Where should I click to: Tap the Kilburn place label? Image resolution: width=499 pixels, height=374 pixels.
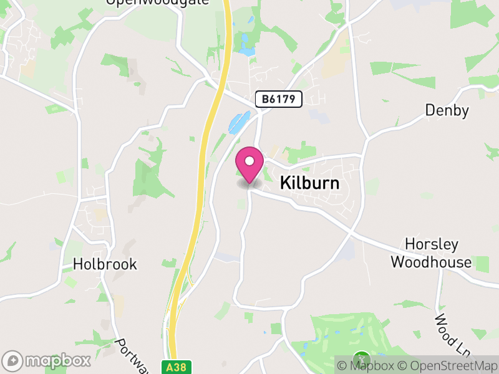tap(310, 183)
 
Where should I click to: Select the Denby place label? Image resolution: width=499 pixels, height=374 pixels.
tap(447, 110)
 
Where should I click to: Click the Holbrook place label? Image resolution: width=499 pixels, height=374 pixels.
tap(105, 264)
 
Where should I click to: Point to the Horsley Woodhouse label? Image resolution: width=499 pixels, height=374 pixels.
tap(431, 252)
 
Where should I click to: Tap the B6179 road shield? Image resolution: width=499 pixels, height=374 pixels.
tap(278, 98)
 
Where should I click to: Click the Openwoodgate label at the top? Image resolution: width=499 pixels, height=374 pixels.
tap(148, 2)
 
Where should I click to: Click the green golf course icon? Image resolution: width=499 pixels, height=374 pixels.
tap(361, 360)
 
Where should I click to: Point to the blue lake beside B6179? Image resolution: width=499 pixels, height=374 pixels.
tap(239, 122)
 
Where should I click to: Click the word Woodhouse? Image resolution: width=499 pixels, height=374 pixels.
tap(431, 262)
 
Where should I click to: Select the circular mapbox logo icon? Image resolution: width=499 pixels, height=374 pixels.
tap(12, 360)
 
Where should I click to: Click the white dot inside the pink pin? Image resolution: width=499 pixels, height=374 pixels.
tap(249, 161)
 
